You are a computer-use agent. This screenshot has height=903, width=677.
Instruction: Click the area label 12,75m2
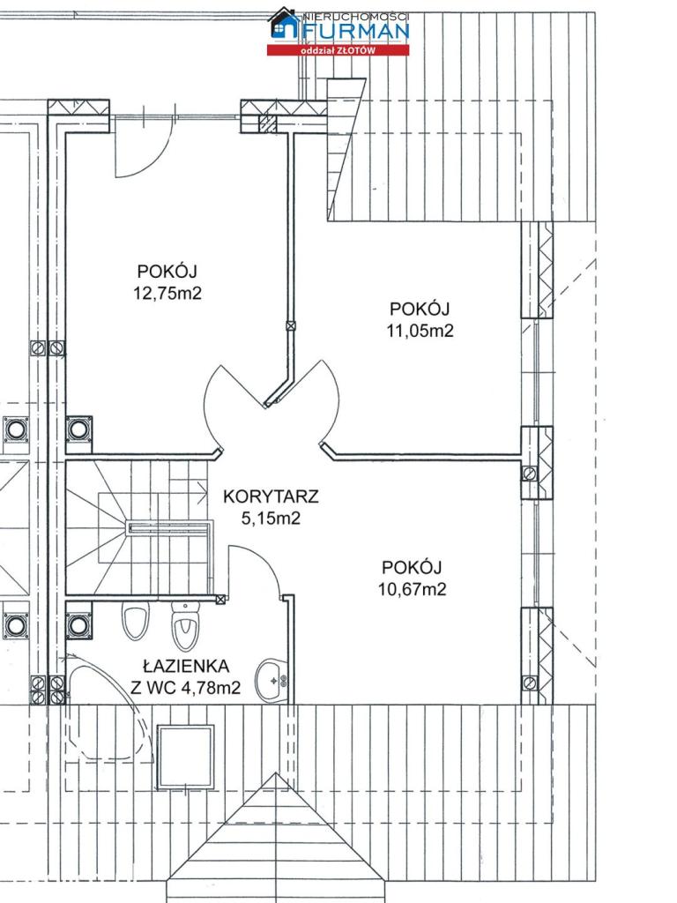click(x=167, y=293)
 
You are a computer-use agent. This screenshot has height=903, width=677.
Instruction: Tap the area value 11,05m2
click(x=420, y=331)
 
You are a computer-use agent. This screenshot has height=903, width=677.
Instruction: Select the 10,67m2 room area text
click(x=413, y=589)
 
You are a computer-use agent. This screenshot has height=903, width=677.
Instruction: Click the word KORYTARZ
click(x=271, y=496)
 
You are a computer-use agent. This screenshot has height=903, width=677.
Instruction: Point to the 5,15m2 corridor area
click(x=271, y=519)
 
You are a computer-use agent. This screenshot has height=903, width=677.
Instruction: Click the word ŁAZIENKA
click(x=186, y=667)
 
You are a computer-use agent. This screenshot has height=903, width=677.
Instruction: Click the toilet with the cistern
click(x=185, y=627)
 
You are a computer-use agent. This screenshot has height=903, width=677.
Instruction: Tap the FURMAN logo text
click(x=356, y=31)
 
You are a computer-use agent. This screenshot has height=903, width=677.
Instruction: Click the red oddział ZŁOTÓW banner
click(x=338, y=50)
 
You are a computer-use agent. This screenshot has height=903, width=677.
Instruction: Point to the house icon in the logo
click(x=286, y=23)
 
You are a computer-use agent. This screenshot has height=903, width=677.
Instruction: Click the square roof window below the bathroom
click(x=186, y=757)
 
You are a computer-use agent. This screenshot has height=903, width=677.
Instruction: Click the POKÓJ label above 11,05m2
click(x=419, y=309)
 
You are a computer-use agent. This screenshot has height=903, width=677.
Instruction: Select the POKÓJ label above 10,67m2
click(x=412, y=567)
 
